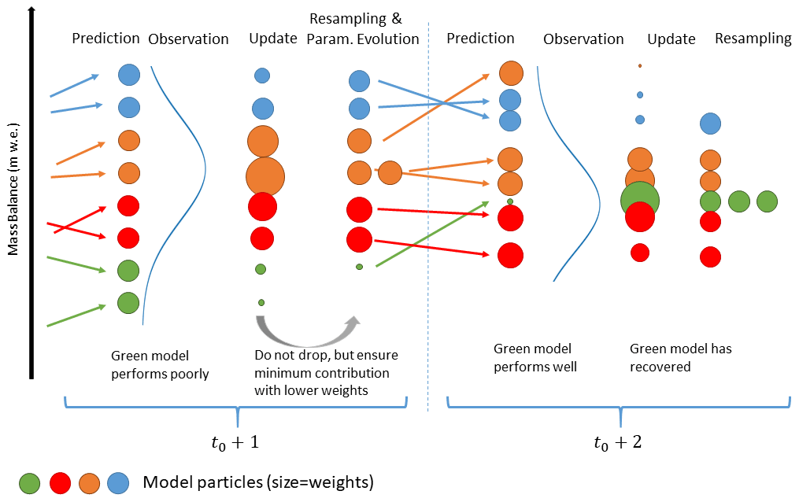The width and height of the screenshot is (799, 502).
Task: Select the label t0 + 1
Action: (233, 441)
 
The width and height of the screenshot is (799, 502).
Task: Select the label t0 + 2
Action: (618, 441)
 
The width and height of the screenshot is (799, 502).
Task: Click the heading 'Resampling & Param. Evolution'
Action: (364, 31)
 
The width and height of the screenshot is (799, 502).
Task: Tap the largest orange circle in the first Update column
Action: (264, 175)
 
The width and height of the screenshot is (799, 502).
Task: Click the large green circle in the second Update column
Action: (640, 200)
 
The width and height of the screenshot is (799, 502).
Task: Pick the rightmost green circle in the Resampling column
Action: (768, 201)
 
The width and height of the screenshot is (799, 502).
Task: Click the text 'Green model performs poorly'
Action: (160, 365)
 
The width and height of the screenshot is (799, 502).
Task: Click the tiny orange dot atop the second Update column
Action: (640, 65)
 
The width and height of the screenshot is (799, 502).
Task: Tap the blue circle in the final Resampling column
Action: (710, 123)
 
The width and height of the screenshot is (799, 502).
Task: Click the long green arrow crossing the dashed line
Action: (441, 234)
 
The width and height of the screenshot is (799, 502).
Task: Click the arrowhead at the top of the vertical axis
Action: (31, 10)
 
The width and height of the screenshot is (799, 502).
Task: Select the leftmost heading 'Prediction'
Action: (105, 38)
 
